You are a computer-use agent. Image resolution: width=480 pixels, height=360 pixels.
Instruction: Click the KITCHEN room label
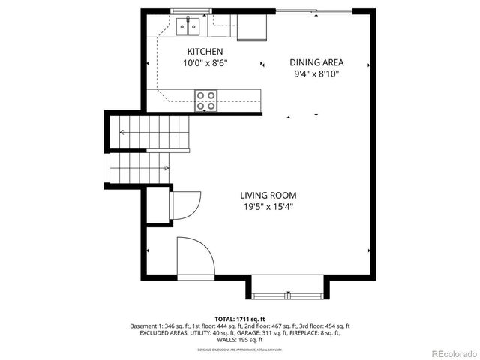(205, 52)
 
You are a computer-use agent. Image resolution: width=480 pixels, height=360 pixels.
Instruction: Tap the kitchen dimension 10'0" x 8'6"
(205, 64)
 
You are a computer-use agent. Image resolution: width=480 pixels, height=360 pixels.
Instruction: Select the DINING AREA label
(316, 63)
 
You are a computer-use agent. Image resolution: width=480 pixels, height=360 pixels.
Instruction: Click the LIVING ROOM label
(268, 195)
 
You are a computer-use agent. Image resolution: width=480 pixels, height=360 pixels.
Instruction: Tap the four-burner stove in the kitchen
(206, 100)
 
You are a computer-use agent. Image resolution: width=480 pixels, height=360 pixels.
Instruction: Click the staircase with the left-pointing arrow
(150, 133)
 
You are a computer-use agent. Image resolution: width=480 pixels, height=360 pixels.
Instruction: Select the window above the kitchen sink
(190, 11)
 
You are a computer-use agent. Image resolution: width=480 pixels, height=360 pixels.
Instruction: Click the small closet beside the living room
(158, 204)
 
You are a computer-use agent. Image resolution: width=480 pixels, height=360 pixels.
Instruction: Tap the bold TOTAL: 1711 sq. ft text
(240, 319)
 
